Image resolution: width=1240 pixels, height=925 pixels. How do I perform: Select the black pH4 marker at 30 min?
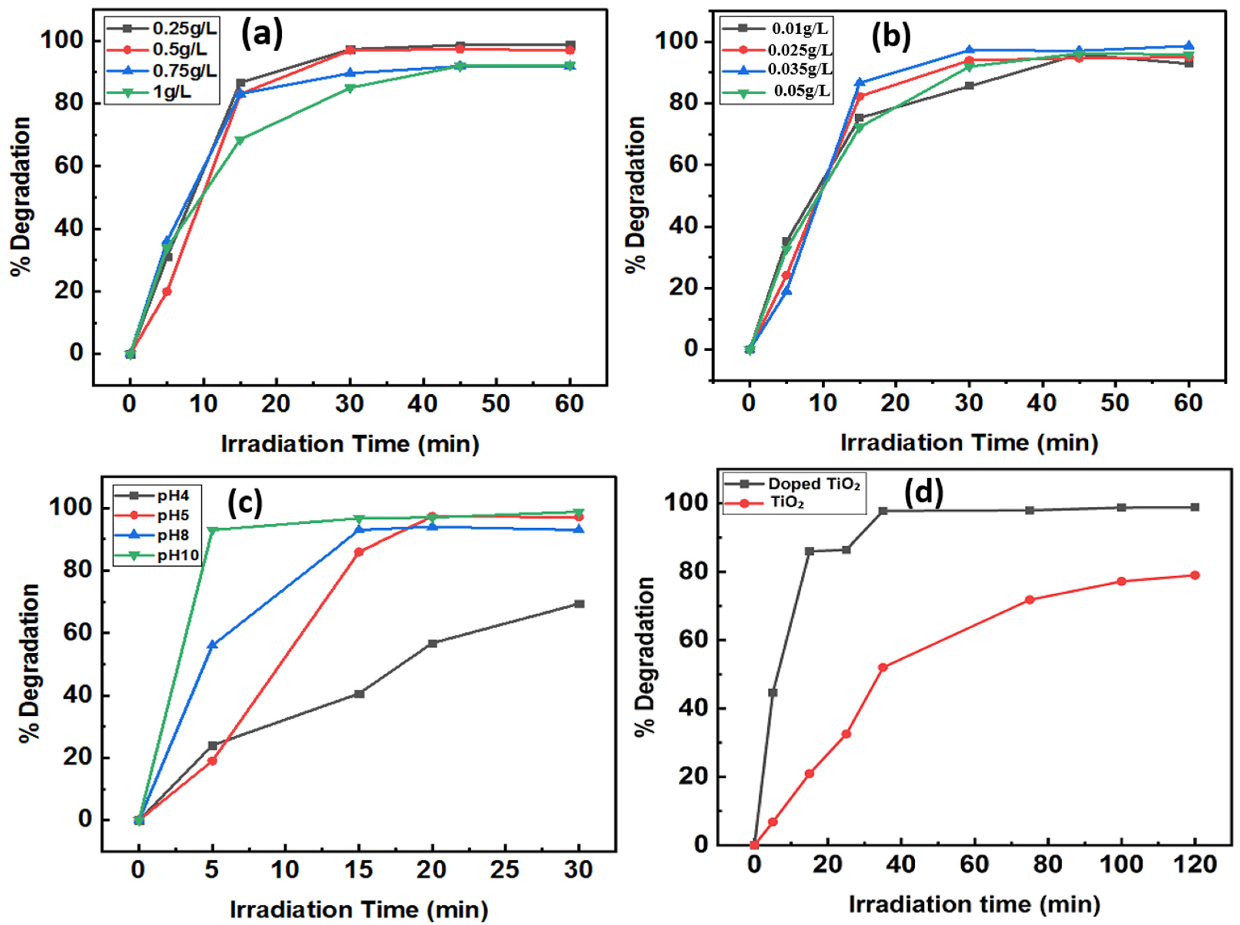coord(579,604)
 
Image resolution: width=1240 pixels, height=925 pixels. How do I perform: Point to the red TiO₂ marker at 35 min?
coord(883,668)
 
